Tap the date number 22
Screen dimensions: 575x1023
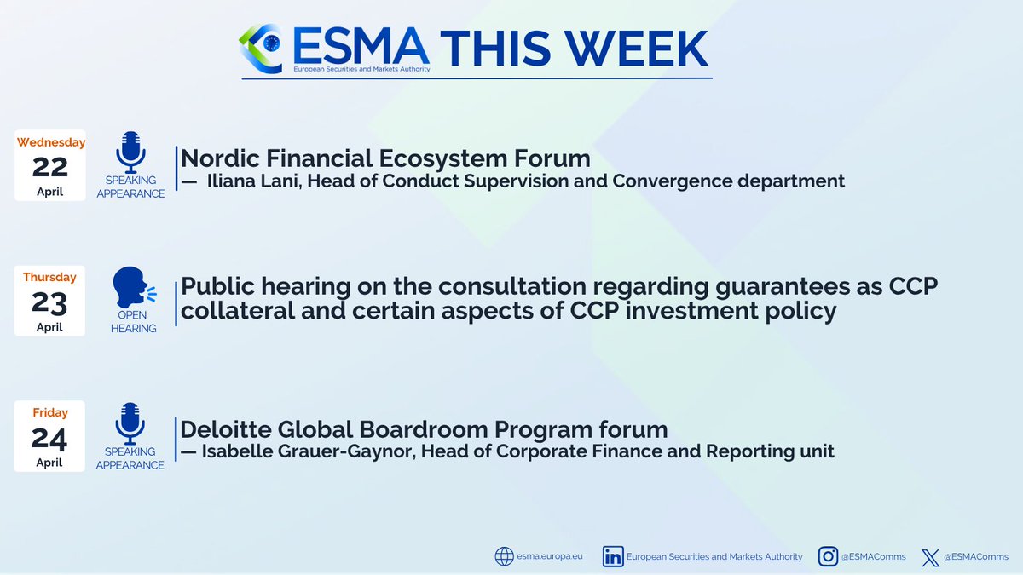[x=50, y=167]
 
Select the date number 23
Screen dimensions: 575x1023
[x=50, y=302]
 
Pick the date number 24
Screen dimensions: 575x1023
[x=50, y=437]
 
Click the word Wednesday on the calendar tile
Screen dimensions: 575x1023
[x=50, y=142]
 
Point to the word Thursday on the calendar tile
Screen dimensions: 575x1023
[x=50, y=277]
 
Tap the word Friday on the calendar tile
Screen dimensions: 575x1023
[x=50, y=412]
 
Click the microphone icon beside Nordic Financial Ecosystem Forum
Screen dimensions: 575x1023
[x=130, y=153]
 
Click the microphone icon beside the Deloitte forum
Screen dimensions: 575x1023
[x=130, y=423]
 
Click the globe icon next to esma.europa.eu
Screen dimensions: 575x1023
[x=504, y=556]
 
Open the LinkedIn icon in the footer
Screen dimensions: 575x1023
[x=612, y=556]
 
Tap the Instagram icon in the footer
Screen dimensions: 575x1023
[x=828, y=556]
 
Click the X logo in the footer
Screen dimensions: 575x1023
[x=930, y=557]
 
